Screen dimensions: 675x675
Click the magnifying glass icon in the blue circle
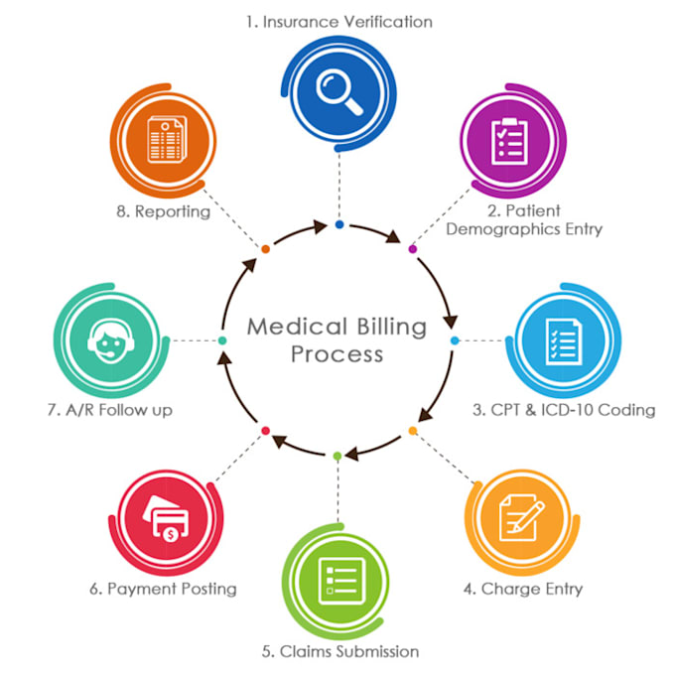(x=338, y=86)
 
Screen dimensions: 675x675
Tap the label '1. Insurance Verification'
(x=339, y=20)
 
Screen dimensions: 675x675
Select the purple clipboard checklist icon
(x=509, y=141)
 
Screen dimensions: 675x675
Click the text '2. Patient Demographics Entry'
(x=524, y=219)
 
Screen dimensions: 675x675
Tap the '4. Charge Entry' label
(x=523, y=588)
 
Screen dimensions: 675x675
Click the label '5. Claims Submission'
(x=340, y=651)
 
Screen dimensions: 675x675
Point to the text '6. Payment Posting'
(x=163, y=588)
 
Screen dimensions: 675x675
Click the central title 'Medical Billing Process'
(x=337, y=339)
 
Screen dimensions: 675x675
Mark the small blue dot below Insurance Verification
(x=339, y=225)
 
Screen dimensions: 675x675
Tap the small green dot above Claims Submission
(x=337, y=456)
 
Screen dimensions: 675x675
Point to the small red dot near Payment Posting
(x=265, y=430)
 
